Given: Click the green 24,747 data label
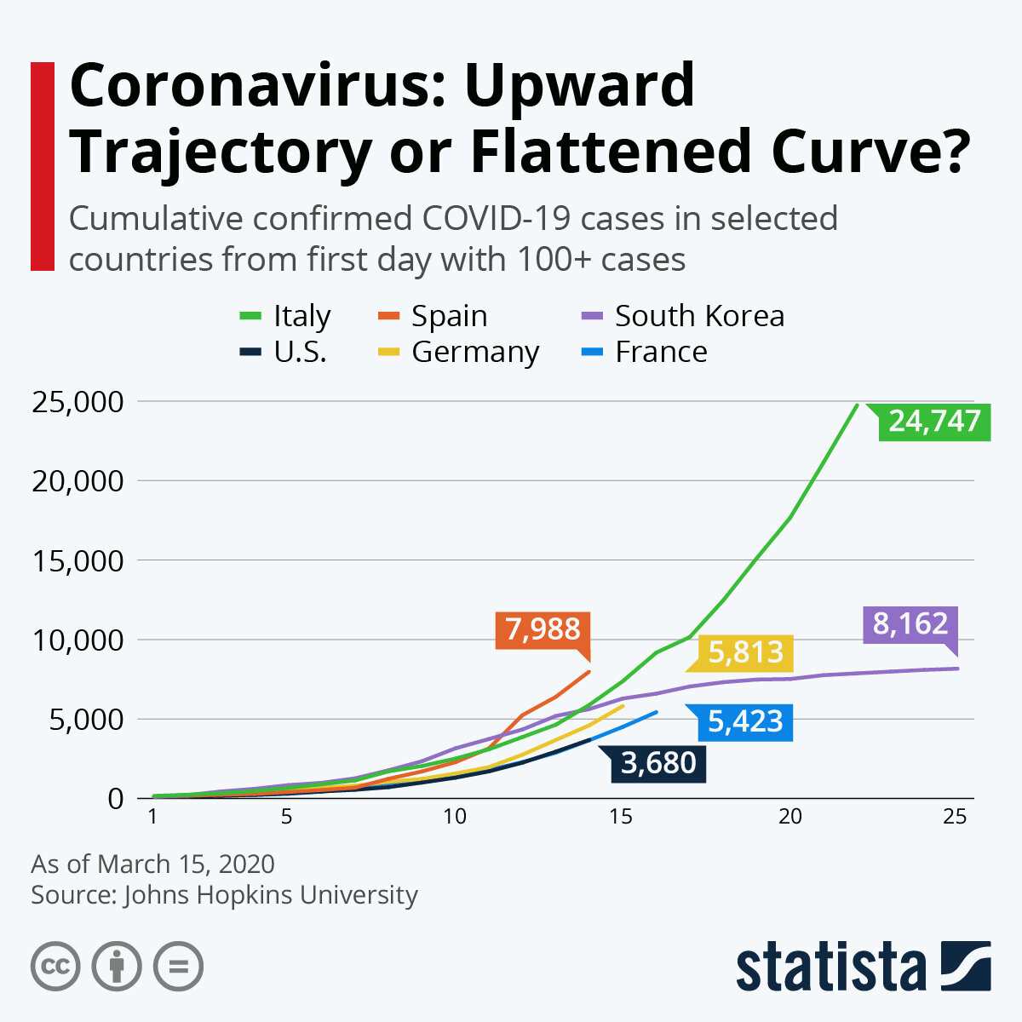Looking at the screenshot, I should click(934, 421).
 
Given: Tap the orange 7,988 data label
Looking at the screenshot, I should click(543, 629).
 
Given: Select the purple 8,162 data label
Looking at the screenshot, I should click(910, 624).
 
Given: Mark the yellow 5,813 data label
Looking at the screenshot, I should click(745, 652).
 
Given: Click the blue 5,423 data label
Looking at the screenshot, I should click(745, 721).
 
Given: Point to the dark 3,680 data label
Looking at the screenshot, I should click(658, 763).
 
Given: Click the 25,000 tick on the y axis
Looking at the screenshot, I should click(77, 402).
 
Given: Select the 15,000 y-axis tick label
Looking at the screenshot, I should click(77, 561).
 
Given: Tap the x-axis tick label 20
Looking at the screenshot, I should click(790, 817).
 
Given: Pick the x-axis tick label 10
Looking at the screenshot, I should click(454, 817).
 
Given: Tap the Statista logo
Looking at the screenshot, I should click(863, 967).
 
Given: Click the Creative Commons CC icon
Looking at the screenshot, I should click(55, 967).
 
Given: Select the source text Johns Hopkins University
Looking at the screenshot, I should click(271, 895).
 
